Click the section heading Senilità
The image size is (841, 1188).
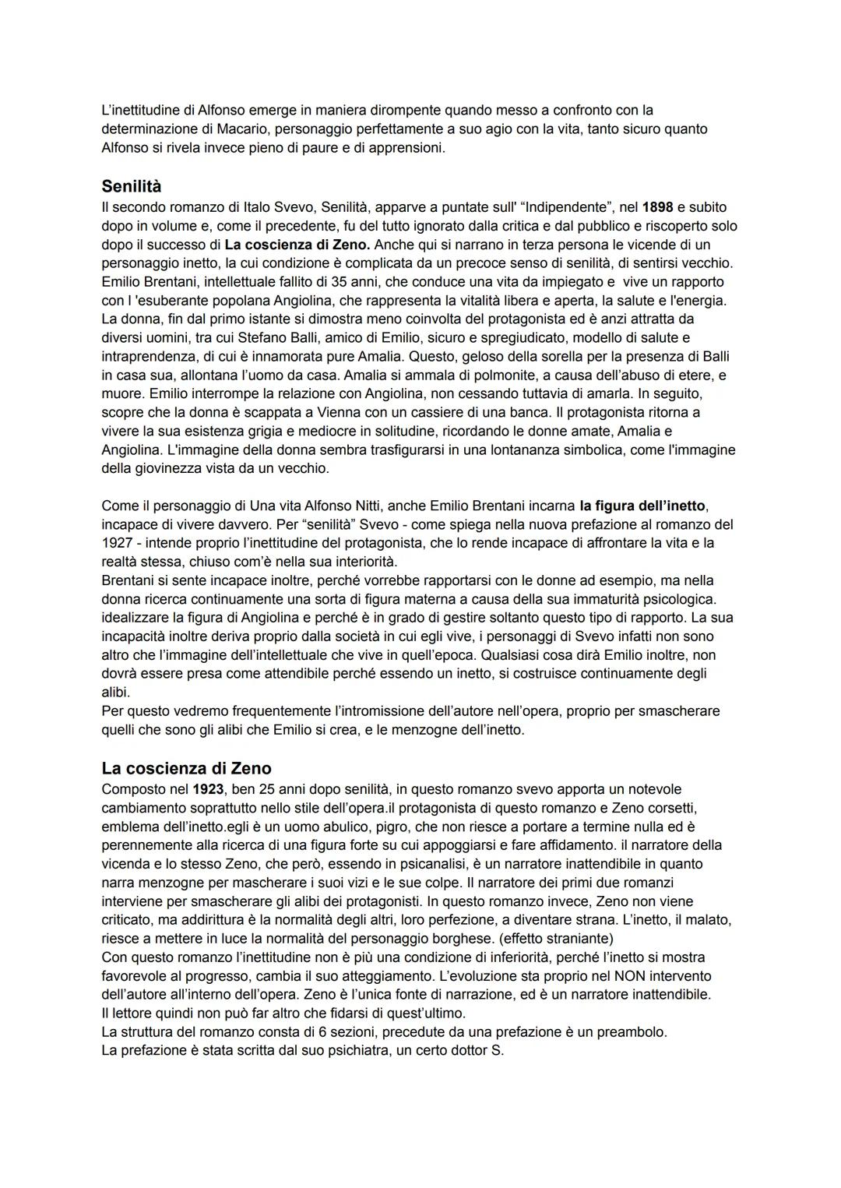tap(131, 187)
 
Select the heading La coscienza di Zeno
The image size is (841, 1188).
tap(186, 769)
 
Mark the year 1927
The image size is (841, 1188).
tap(118, 544)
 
